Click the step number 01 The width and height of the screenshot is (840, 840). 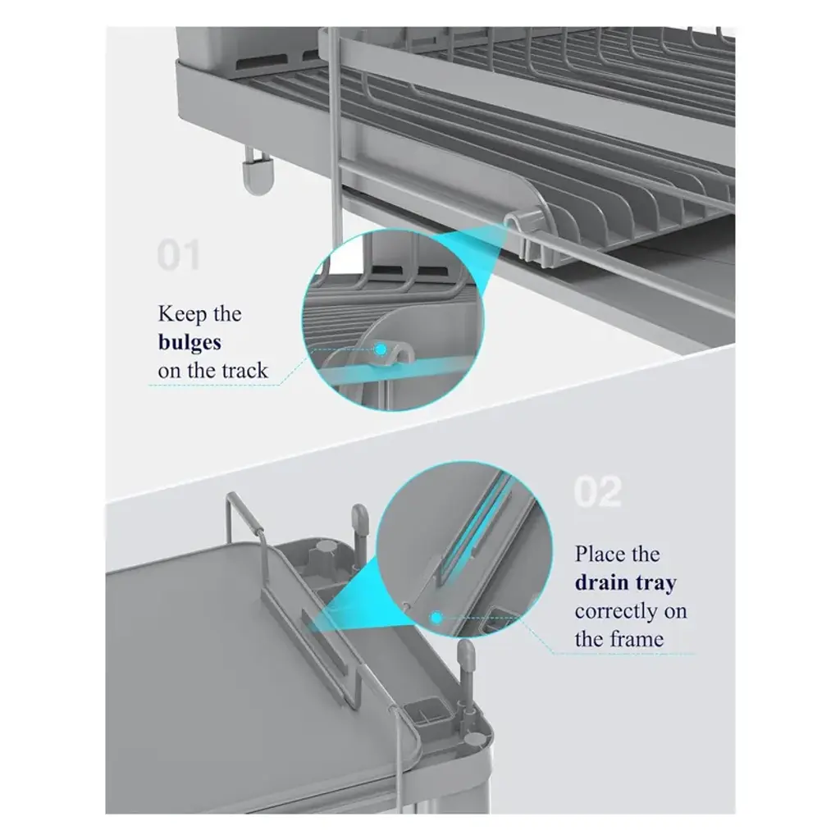[x=178, y=255]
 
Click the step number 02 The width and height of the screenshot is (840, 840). [x=598, y=491]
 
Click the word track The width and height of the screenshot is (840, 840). [x=244, y=370]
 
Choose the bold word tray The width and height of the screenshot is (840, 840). [x=655, y=583]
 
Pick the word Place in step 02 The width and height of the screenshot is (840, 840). [x=598, y=554]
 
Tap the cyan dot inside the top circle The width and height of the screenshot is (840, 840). [x=381, y=349]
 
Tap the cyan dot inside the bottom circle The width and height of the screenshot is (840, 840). [x=436, y=618]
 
